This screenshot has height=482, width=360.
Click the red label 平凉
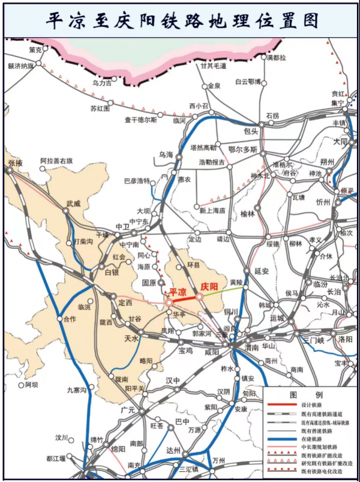(178, 291)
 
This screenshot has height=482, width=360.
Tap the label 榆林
(247, 213)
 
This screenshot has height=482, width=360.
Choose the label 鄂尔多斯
(243, 149)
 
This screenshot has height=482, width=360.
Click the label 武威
(73, 203)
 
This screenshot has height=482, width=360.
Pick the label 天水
(131, 339)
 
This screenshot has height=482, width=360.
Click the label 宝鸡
(185, 350)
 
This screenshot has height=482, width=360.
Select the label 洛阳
(346, 339)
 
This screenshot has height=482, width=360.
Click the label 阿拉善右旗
(56, 161)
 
